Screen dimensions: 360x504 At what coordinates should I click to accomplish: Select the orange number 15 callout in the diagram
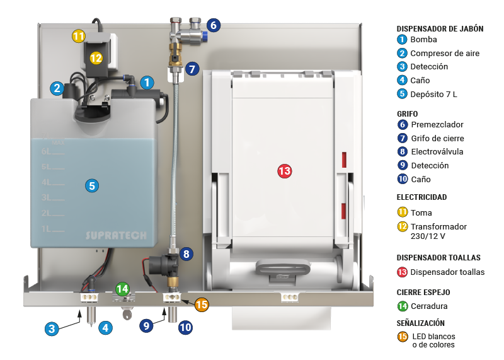(201, 305)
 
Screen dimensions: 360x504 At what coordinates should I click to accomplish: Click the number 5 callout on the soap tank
(92, 185)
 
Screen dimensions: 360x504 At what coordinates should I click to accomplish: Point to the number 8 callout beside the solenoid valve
(186, 254)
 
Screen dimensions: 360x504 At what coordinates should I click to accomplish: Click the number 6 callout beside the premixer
(213, 26)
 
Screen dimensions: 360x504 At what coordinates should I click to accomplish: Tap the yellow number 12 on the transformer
(96, 57)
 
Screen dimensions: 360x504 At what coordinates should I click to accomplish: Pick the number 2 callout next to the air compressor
(57, 88)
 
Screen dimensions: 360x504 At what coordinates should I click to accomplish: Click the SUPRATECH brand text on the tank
(116, 236)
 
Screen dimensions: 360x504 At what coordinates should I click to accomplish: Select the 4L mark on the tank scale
(47, 182)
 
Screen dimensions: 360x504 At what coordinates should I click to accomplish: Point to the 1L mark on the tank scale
(47, 228)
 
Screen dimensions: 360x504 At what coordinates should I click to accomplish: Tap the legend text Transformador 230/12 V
(438, 231)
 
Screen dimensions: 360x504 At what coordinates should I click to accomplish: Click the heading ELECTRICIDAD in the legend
(421, 197)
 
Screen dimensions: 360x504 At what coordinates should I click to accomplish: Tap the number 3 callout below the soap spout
(52, 328)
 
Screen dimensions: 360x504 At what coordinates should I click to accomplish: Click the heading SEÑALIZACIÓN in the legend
(424, 323)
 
